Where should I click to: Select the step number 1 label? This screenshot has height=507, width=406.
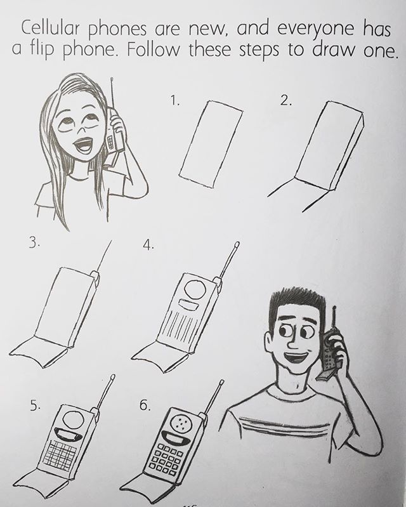coord(174,101)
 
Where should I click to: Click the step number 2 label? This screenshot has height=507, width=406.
coord(285,101)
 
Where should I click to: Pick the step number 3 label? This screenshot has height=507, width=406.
coord(33,242)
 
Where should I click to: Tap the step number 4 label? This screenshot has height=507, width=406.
coord(148,246)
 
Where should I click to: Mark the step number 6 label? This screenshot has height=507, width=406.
coord(145,404)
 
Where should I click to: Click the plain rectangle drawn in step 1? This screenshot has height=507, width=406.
coord(211,143)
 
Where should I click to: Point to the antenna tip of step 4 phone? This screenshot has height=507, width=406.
coord(237,244)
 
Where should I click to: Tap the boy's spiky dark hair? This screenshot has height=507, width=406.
coord(297,302)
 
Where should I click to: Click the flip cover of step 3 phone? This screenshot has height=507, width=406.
coord(39,351)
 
